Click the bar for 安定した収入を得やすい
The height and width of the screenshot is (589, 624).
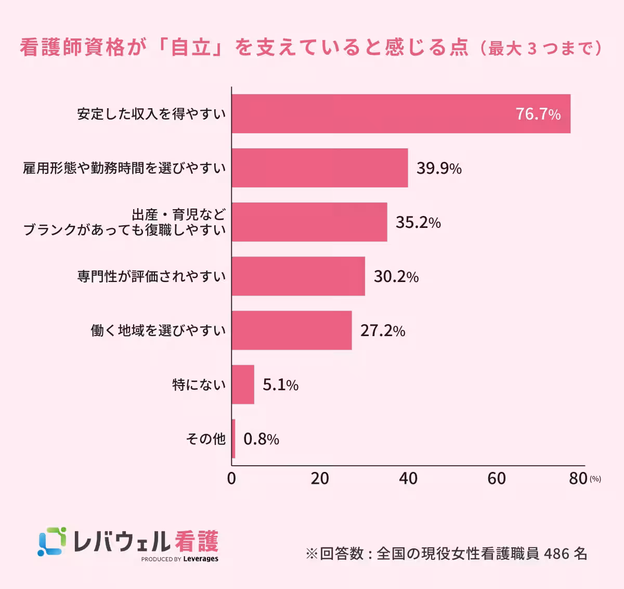point(400,114)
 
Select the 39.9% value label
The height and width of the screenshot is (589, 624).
point(439,168)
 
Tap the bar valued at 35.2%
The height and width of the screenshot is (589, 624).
point(309,222)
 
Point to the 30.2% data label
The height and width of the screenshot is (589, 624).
point(396,276)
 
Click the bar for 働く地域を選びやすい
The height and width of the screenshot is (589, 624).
point(291,330)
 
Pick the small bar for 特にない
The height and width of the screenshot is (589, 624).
point(243,385)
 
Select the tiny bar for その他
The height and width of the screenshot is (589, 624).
point(233,439)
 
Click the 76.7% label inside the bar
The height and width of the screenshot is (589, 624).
point(538,114)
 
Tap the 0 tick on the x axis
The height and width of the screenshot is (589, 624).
point(231,479)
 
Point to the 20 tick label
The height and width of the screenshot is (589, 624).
point(320,479)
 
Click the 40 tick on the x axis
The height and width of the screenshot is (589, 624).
point(408,479)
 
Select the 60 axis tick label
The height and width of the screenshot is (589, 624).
point(497,479)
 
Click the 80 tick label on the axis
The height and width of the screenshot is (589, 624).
point(578,479)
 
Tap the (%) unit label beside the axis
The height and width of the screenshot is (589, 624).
point(595,479)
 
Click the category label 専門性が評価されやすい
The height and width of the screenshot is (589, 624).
point(151,276)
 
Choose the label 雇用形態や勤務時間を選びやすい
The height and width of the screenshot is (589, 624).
point(124,168)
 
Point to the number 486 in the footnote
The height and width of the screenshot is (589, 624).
point(556,553)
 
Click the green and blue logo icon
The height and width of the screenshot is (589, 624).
point(52,542)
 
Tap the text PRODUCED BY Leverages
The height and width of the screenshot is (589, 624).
point(180,559)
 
